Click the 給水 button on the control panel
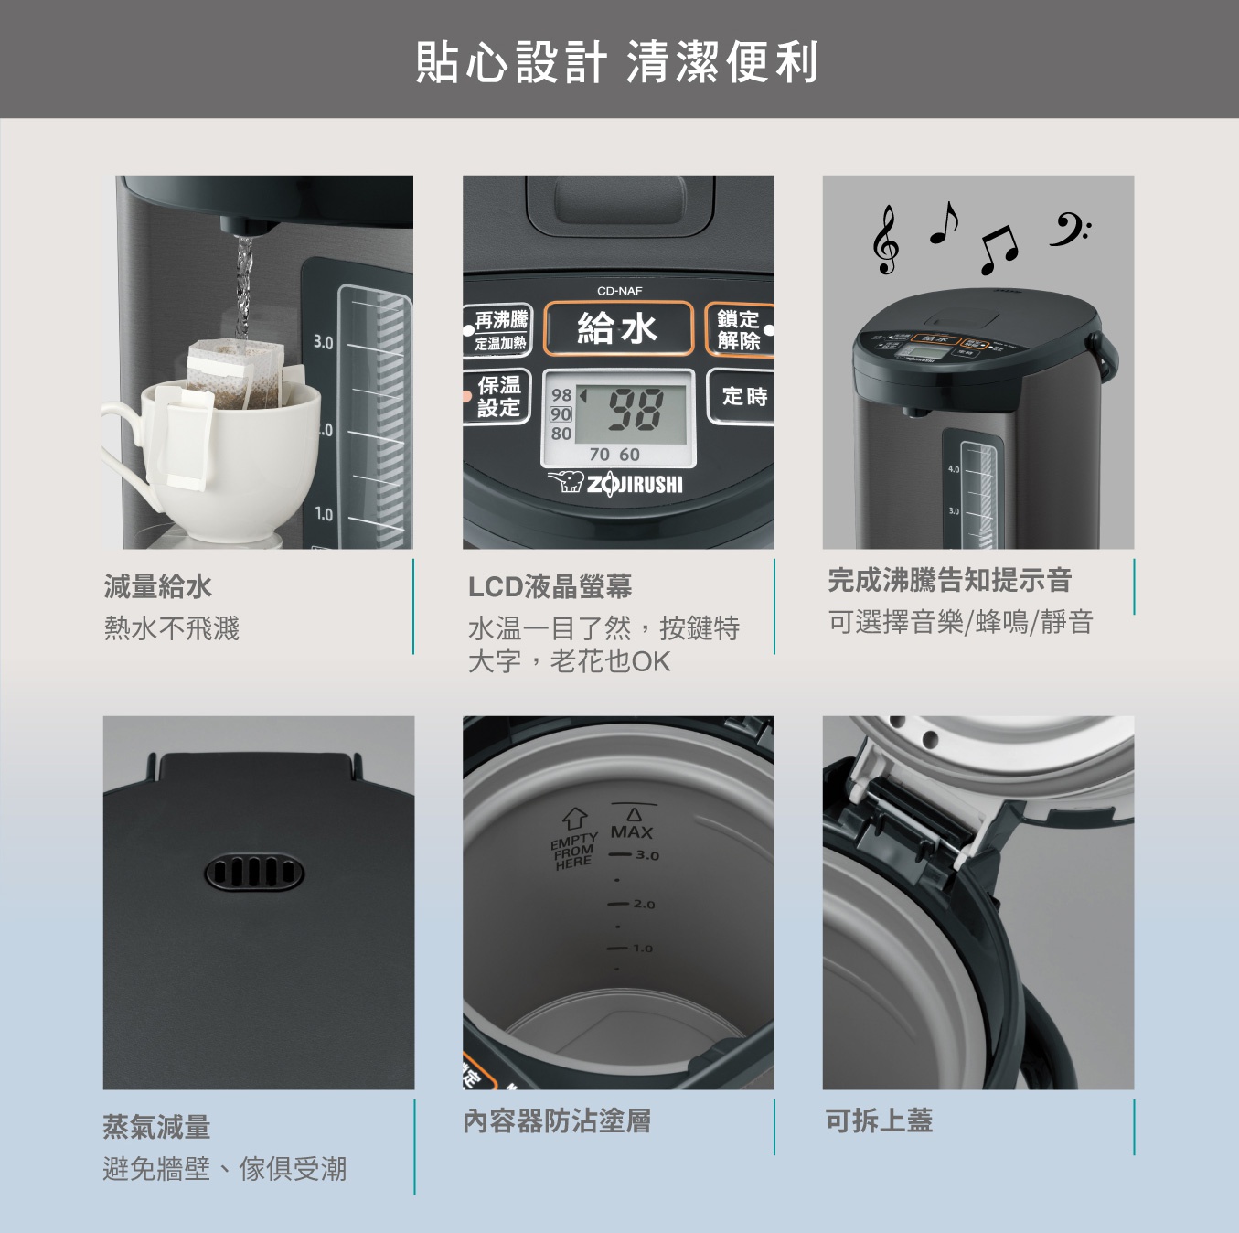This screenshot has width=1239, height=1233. coord(618,327)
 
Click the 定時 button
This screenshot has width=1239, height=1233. coord(743,396)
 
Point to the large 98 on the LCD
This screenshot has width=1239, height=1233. coord(636,408)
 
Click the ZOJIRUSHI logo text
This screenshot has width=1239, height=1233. coord(635,484)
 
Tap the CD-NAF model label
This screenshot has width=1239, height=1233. coord(619,291)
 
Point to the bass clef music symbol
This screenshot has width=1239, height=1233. coord(1068,230)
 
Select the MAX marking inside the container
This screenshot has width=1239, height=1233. coord(631,831)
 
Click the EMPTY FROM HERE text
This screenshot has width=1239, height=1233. coord(573,852)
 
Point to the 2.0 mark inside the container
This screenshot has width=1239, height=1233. coord(644,904)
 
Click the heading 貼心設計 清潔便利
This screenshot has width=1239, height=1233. coord(617,62)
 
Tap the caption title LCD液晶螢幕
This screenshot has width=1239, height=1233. coord(550,586)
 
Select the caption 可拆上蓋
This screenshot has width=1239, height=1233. coord(879,1120)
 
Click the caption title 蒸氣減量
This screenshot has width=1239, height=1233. coord(156,1127)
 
